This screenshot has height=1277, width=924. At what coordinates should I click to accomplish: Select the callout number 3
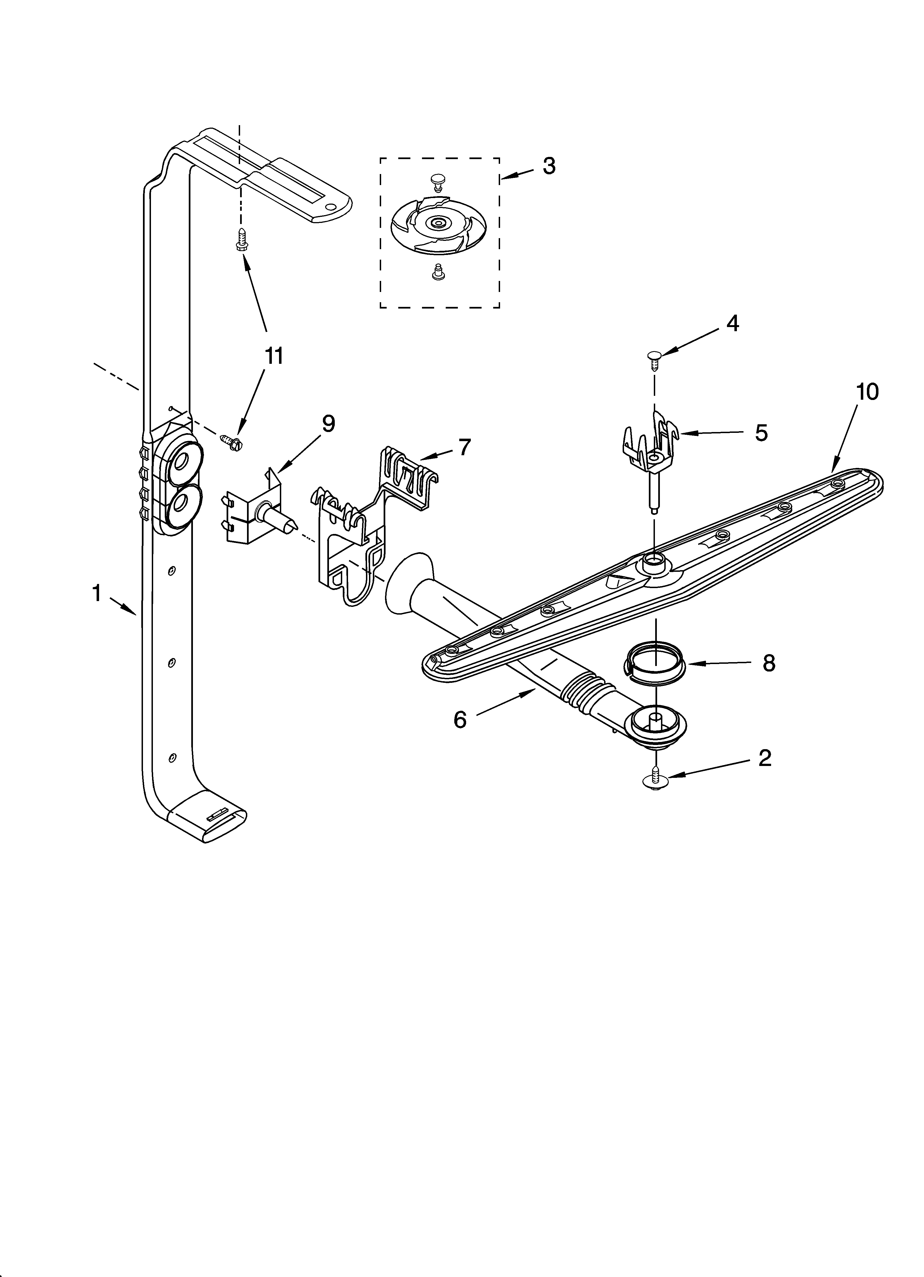pyautogui.click(x=549, y=166)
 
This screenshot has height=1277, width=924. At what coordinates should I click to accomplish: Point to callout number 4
pyautogui.click(x=732, y=323)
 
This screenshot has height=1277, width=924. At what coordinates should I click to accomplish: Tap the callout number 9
pyautogui.click(x=328, y=423)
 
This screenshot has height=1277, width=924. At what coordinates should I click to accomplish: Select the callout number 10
pyautogui.click(x=867, y=392)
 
